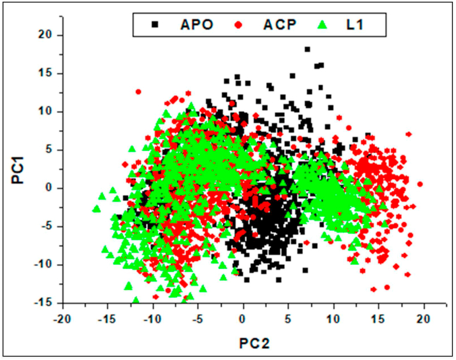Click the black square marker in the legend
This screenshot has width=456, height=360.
point(156,25)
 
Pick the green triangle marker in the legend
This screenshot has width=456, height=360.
point(322,25)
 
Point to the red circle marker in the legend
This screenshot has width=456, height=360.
point(239,25)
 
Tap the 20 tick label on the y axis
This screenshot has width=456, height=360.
point(47,35)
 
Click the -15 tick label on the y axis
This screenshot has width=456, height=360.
point(45,302)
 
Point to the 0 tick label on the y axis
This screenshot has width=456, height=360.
point(50,188)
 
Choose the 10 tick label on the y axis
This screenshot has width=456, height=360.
point(47,111)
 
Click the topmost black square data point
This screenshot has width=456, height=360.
point(308,49)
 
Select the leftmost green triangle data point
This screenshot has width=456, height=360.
point(96,208)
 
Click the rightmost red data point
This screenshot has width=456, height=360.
point(420,184)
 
